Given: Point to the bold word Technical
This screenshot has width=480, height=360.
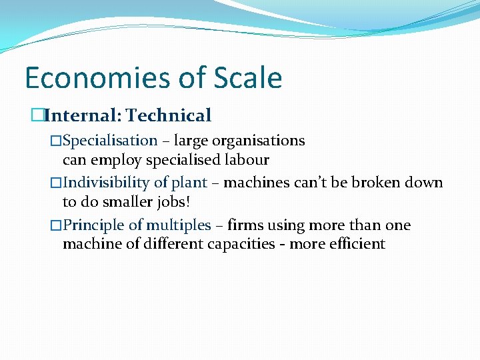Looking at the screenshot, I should [x=169, y=116].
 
